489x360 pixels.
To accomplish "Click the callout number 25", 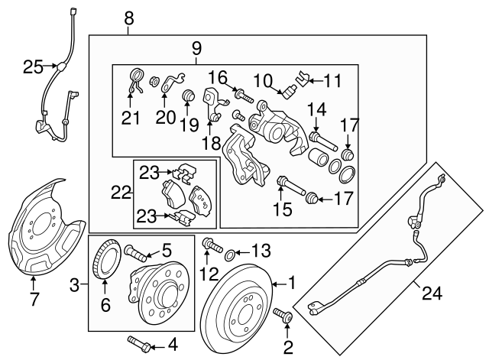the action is (33, 66).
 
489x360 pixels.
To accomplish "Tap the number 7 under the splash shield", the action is (34, 299).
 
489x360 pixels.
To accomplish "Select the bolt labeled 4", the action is (139, 344).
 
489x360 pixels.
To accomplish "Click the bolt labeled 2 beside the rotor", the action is (283, 315).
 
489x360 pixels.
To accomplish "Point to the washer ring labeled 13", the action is (229, 255).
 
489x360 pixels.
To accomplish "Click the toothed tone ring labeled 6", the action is (106, 260).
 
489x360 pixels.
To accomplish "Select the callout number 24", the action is (432, 294).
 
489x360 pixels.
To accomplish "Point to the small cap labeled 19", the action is (188, 95).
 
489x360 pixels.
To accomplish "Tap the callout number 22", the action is (121, 193).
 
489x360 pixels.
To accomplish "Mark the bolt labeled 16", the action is (246, 96).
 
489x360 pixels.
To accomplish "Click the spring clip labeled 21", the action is (136, 80).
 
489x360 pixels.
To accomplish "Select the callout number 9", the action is (197, 49).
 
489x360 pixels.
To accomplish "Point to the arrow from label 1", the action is (279, 284).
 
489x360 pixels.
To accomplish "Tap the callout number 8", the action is (129, 18).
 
